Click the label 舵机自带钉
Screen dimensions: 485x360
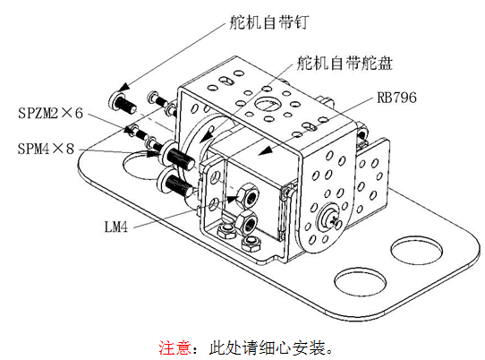pyautogui.click(x=268, y=22)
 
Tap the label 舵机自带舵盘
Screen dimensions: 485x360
pyautogui.click(x=345, y=64)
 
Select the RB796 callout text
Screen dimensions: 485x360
pyautogui.click(x=396, y=98)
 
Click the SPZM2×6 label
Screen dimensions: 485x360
pyautogui.click(x=51, y=113)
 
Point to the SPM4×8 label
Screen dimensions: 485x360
pyautogui.click(x=47, y=149)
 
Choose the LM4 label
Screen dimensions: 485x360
pyautogui.click(x=116, y=227)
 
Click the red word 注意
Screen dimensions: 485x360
pyautogui.click(x=175, y=347)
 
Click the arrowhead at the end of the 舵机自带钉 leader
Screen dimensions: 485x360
pyautogui.click(x=123, y=87)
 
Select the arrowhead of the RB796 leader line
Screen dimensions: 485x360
pyautogui.click(x=265, y=150)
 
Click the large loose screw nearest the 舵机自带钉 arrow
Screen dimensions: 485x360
pyautogui.click(x=123, y=103)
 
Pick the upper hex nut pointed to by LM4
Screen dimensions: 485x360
pyautogui.click(x=248, y=194)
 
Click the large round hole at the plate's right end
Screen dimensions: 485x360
pyautogui.click(x=416, y=251)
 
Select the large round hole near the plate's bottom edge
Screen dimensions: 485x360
pyautogui.click(x=361, y=281)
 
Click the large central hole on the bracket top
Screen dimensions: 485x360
pyautogui.click(x=268, y=103)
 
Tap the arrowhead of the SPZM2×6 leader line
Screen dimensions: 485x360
pyautogui.click(x=128, y=131)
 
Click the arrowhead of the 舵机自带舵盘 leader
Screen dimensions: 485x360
pyautogui.click(x=206, y=137)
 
